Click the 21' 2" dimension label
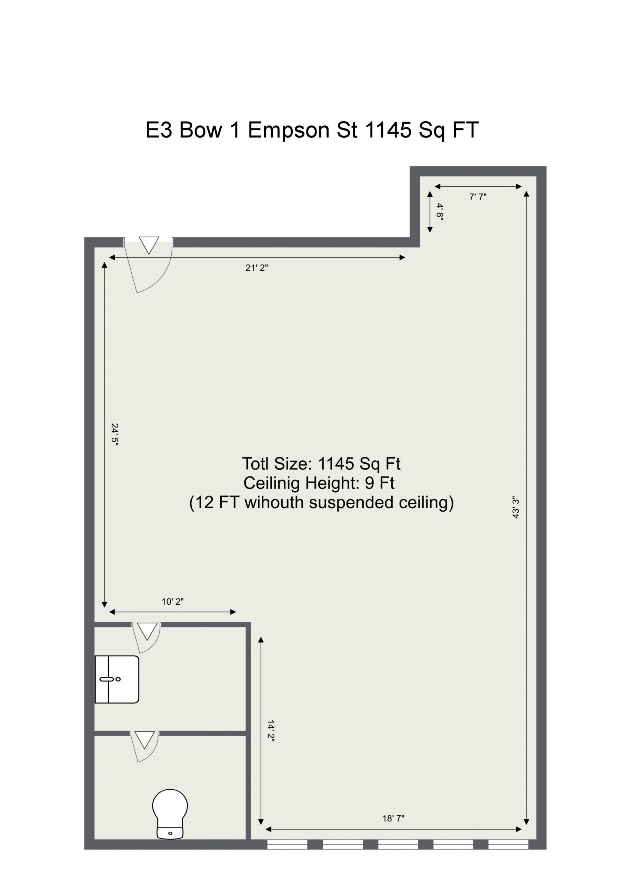point(256,268)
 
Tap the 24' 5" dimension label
point(114,434)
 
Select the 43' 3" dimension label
point(516,507)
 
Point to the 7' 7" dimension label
point(477,197)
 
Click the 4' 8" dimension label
point(440,212)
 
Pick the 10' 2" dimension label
point(172,602)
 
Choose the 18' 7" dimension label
point(393,819)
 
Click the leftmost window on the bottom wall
point(287,844)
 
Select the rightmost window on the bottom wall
point(508,844)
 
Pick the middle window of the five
point(398,844)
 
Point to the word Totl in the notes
point(255,464)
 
